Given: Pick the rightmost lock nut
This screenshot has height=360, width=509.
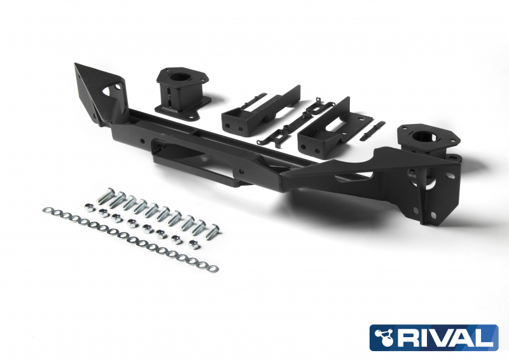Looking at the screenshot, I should [x=192, y=242].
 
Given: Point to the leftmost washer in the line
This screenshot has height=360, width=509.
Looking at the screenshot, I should [x=46, y=209].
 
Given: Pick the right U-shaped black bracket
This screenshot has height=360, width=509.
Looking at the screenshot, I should [x=324, y=128].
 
